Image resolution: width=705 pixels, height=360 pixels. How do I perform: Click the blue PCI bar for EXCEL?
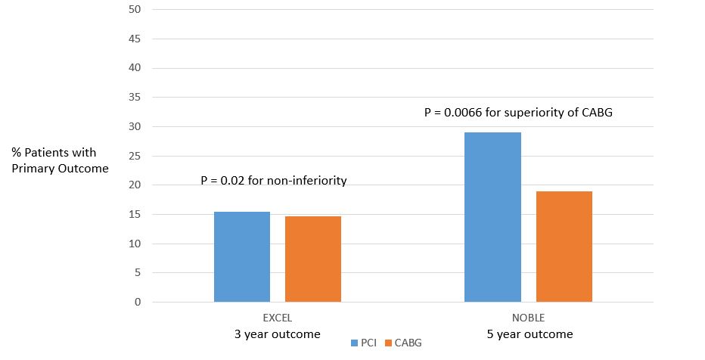(242, 257)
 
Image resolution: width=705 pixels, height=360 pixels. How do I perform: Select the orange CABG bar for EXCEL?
(313, 259)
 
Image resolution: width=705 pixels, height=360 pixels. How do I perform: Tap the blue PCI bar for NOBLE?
(492, 217)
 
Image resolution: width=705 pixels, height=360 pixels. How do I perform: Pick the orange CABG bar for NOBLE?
(564, 247)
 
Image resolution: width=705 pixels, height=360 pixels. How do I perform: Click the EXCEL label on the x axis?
(277, 318)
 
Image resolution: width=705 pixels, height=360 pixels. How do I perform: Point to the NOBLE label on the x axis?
(528, 318)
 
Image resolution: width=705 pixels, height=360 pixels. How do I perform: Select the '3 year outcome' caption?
(277, 334)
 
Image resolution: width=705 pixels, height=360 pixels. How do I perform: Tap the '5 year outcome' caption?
(528, 334)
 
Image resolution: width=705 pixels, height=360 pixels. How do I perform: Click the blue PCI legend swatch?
(355, 343)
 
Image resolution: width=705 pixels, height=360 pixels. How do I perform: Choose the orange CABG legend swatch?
(388, 343)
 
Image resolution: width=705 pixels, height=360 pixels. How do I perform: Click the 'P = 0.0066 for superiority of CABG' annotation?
(519, 112)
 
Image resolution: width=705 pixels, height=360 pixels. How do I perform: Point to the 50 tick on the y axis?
(135, 9)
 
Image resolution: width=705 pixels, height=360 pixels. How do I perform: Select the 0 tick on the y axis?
(138, 303)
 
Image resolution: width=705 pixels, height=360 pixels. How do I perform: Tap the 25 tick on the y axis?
(135, 156)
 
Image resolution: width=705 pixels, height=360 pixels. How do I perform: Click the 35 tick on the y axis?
(135, 98)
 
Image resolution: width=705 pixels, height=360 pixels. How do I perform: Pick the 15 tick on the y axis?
(135, 215)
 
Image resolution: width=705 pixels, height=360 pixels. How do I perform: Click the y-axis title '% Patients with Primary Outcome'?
(60, 160)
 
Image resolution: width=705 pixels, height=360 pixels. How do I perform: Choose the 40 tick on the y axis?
(135, 68)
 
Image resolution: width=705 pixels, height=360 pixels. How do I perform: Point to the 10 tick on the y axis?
(135, 244)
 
